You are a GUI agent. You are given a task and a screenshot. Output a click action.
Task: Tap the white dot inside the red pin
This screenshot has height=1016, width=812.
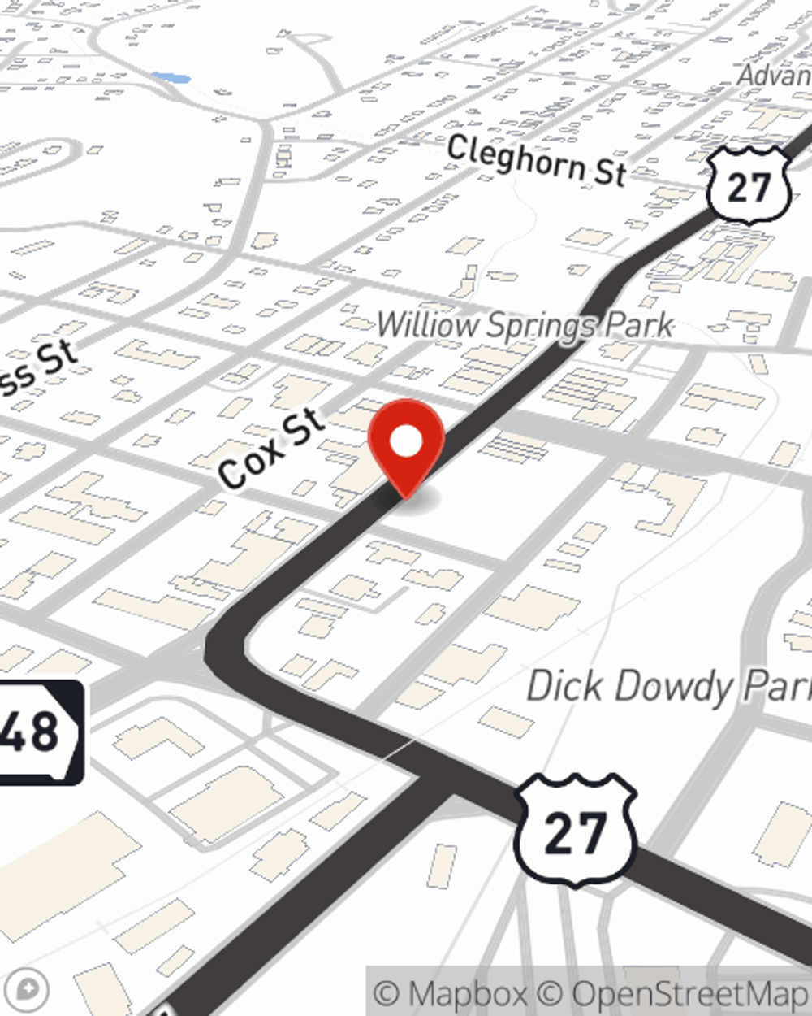pos(407,442)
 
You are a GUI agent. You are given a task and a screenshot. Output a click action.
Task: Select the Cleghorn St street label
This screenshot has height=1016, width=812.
pos(537,160)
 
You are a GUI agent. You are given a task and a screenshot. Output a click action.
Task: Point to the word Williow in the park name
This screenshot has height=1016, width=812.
pos(427,325)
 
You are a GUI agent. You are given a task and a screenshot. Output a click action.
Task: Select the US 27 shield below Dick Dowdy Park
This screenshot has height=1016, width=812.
pos(575,830)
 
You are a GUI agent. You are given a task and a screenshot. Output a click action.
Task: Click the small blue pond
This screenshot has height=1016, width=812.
pos(171,78)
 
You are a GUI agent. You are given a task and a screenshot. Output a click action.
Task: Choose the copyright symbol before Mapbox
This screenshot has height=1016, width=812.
pos(387,993)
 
